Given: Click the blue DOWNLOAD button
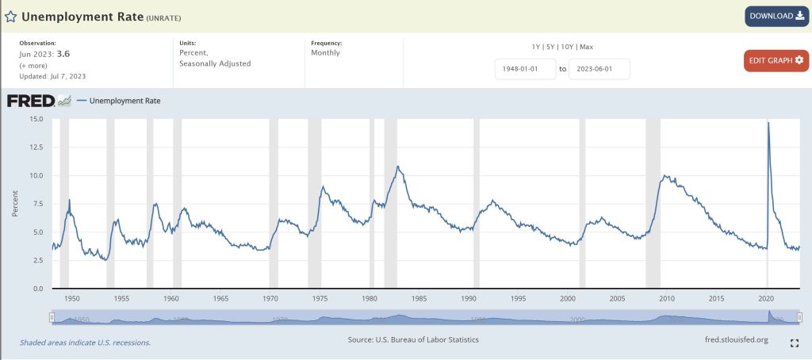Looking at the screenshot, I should point(776,16).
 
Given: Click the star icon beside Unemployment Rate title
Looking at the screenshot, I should point(11,17).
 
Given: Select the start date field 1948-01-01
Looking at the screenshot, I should point(524,69).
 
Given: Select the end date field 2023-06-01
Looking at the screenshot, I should point(599,69).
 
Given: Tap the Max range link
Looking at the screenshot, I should point(586,47).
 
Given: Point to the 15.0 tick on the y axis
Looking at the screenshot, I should point(35,119).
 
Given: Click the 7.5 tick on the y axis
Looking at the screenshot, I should point(37,204).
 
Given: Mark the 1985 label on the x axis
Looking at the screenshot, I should point(419,298).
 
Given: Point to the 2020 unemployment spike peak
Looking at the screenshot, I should point(768,123).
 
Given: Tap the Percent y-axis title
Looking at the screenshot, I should point(15,204).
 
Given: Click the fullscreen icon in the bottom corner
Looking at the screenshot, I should point(794,343).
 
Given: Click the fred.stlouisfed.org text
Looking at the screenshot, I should point(730,340).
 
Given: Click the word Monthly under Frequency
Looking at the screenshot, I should point(325,53).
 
